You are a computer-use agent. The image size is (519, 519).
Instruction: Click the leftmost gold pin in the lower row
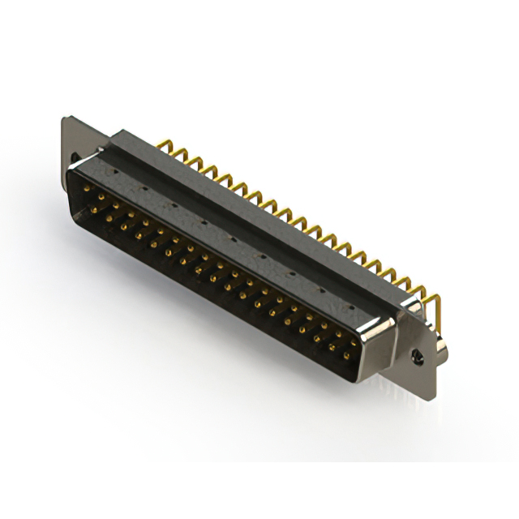click(x=93, y=210)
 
